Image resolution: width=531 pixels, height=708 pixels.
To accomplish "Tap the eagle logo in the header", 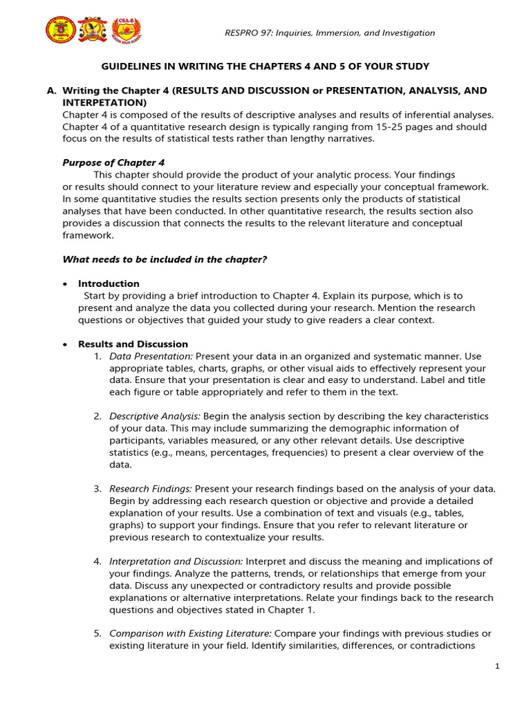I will (x=92, y=29).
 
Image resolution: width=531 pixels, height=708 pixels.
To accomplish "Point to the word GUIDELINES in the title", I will (x=129, y=66).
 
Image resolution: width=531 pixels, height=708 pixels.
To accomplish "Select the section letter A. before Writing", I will (x=50, y=91).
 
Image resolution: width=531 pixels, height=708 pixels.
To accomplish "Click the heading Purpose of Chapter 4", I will (x=114, y=162).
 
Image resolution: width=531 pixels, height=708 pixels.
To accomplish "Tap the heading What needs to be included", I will (x=165, y=259).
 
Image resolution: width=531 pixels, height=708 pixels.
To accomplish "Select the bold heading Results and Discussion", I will (x=133, y=344).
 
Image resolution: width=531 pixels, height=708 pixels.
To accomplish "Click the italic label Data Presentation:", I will (x=151, y=356).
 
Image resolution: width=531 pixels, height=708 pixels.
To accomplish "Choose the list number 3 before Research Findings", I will (x=97, y=489).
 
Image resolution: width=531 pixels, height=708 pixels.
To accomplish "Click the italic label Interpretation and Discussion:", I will (x=176, y=561).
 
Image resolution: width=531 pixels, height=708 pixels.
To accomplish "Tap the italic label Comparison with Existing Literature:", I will (x=191, y=633).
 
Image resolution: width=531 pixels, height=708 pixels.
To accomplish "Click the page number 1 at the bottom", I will (x=496, y=667).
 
